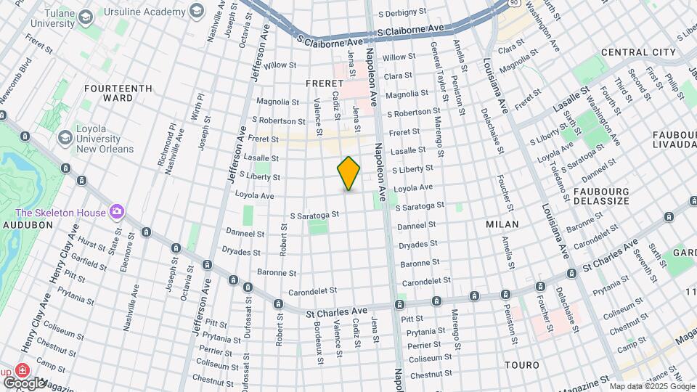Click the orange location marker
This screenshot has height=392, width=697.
click(348, 173)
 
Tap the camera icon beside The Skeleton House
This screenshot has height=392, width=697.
click(116, 212)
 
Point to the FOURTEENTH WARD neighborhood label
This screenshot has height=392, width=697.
click(118, 93)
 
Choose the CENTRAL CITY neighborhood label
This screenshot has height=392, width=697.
click(638, 52)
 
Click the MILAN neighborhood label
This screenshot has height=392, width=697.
click(502, 224)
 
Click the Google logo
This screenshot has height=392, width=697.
click(24, 383)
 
